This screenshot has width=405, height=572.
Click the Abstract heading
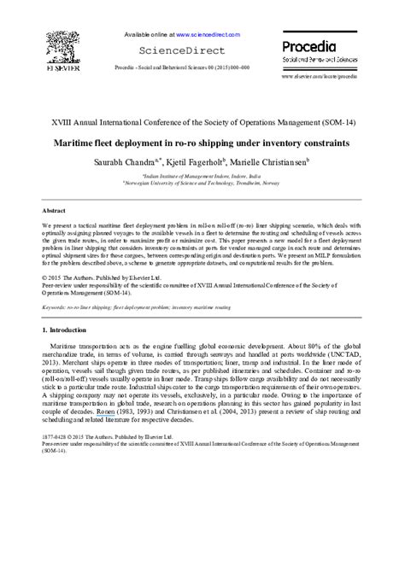point(56,210)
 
